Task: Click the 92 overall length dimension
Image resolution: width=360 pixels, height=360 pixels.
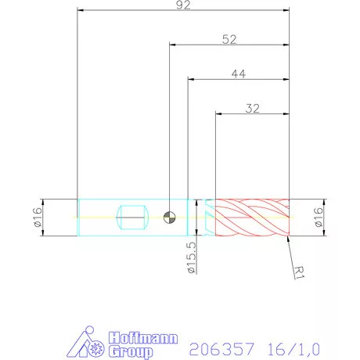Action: pyautogui.click(x=183, y=6)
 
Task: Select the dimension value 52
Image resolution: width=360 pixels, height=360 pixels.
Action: pyautogui.click(x=229, y=39)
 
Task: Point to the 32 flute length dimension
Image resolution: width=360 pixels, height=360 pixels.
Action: pyautogui.click(x=252, y=109)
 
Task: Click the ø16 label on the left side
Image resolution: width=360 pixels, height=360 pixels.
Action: pyautogui.click(x=37, y=216)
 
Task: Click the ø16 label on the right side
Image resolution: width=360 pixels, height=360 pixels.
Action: pyautogui.click(x=319, y=217)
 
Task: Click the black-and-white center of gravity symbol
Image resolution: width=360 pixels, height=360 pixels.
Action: pyautogui.click(x=170, y=217)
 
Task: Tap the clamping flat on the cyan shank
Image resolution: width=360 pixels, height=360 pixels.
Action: pyautogui.click(x=131, y=217)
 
